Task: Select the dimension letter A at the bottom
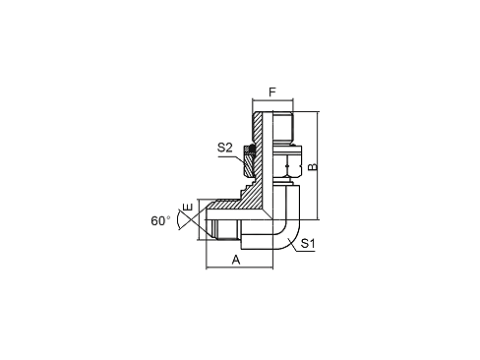(236, 260)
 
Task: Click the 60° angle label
(161, 219)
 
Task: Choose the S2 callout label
(224, 149)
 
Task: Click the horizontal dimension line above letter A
(236, 268)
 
